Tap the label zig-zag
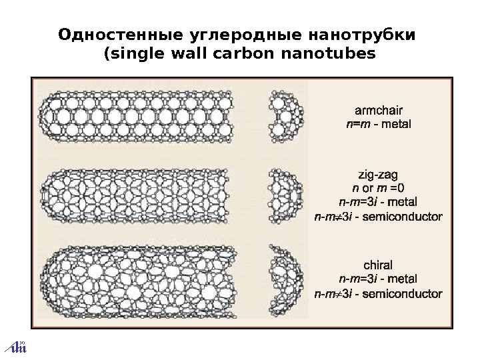point(378,175)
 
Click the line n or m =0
point(378,189)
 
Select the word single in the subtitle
point(134,54)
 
